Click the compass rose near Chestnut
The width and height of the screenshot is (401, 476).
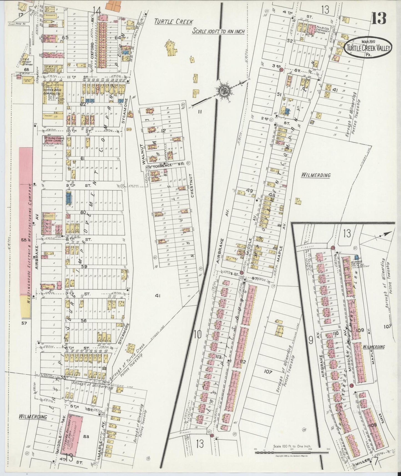pyautogui.click(x=223, y=90)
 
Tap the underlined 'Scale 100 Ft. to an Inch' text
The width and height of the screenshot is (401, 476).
pyautogui.click(x=218, y=31)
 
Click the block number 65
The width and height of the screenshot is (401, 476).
pyautogui.click(x=65, y=37)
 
